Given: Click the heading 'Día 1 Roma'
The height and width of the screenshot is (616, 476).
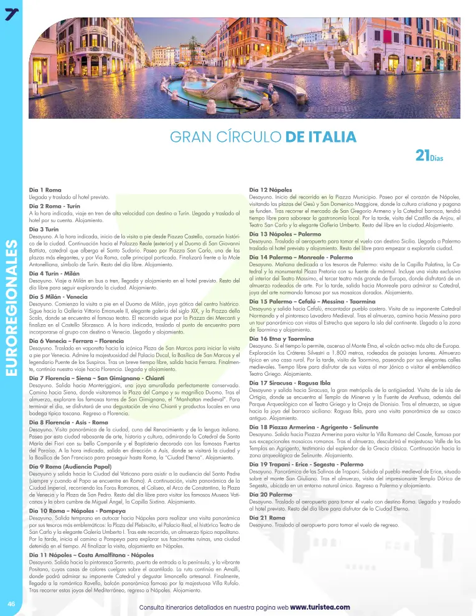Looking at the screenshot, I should point(45,189).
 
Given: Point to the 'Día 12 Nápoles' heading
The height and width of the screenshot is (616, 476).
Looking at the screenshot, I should point(271,189).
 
